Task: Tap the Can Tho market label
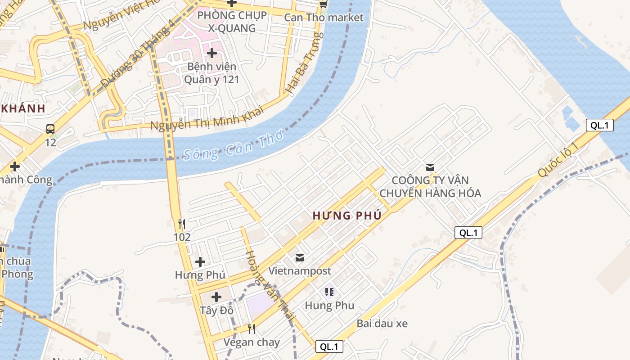pos(324,18)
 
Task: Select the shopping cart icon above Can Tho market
pos(323,4)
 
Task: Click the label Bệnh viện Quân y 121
pos(211,73)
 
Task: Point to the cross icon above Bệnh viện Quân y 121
pos(211,54)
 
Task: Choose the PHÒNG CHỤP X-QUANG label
pos(232,22)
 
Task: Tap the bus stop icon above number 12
pos(50,129)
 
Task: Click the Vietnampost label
pos(300,271)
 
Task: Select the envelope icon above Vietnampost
pos(300,258)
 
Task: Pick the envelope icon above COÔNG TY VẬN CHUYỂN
pos(430,167)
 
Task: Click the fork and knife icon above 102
pos(182,224)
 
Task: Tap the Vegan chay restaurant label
pos(252,342)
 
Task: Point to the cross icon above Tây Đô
pos(216,297)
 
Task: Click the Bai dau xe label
pos(382,324)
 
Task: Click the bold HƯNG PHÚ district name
pos(347,216)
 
